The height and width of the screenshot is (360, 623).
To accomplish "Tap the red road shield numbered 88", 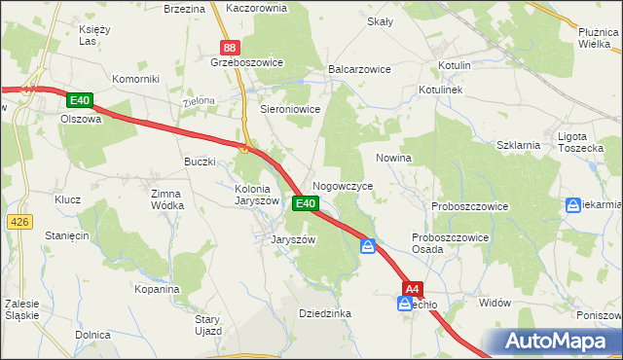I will tap(230, 47).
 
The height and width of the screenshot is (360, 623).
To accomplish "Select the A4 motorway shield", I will tap(413, 288).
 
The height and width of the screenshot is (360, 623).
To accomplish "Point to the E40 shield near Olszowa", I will tap(80, 100).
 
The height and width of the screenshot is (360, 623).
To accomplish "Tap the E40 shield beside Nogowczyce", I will tap(305, 203).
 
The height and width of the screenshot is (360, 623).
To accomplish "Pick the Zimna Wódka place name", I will tap(166, 199).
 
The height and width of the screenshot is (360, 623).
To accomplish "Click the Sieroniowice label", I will tap(290, 110).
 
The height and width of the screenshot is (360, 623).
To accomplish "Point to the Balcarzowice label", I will tap(360, 70).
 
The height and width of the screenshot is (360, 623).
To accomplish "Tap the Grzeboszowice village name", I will tap(246, 62).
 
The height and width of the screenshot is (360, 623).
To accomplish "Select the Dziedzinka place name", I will tap(324, 313).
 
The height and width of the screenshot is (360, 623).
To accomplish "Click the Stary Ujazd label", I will tap(208, 325).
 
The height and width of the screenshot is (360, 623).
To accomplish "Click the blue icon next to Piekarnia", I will tap(573, 205).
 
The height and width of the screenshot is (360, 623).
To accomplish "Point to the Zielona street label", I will tap(198, 101).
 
